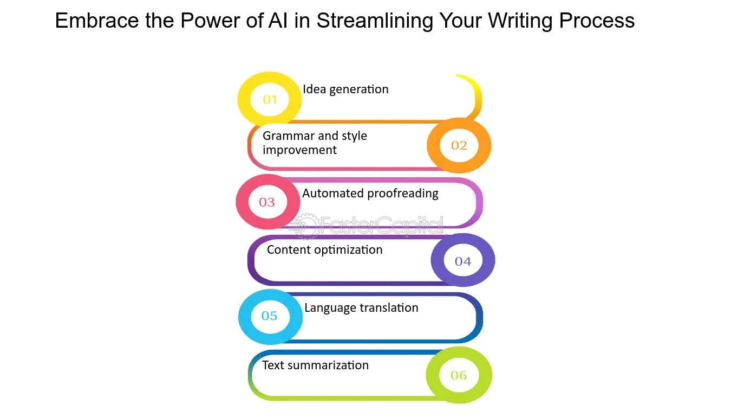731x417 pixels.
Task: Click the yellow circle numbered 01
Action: tap(270, 99)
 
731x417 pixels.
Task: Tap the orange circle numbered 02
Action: tap(459, 145)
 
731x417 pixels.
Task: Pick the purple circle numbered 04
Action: tap(463, 261)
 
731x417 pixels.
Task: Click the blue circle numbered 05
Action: tap(270, 316)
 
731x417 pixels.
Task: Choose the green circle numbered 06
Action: tap(459, 375)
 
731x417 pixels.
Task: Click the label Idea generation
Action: tap(345, 89)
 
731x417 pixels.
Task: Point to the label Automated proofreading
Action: tap(370, 194)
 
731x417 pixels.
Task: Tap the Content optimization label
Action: tap(325, 250)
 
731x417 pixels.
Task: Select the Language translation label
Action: tap(361, 308)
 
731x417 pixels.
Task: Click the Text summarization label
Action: tap(315, 365)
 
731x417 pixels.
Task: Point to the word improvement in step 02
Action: tap(299, 150)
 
